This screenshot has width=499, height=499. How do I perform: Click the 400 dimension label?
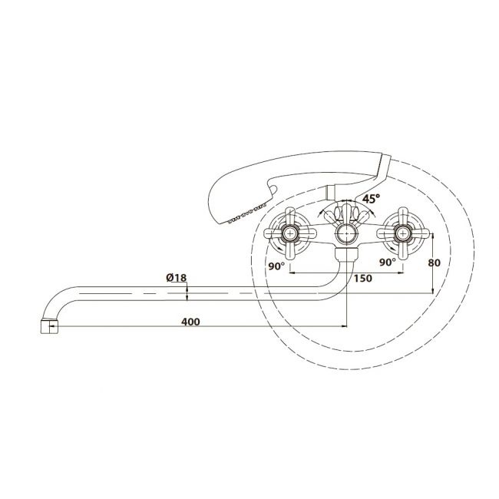(190, 322)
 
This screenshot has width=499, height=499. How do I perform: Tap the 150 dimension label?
(363, 279)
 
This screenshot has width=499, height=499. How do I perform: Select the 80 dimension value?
(435, 263)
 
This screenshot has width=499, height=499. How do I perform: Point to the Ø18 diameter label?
(177, 277)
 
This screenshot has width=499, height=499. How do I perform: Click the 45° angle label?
(371, 199)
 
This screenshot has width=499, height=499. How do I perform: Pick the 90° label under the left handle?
(276, 266)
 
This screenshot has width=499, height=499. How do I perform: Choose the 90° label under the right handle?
(388, 263)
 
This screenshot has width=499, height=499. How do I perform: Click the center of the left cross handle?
(290, 233)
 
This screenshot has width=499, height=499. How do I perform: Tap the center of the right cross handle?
(403, 233)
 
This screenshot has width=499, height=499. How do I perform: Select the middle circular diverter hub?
(346, 234)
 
